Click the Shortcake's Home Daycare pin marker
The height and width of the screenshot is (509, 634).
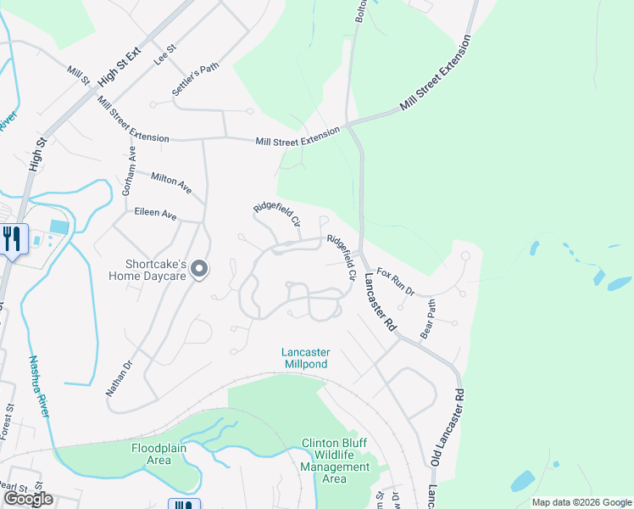(x=199, y=269)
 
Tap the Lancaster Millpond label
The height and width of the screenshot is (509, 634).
(x=306, y=358)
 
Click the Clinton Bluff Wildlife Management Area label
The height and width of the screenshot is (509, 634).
(x=336, y=461)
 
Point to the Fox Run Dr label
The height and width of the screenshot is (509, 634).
(x=396, y=282)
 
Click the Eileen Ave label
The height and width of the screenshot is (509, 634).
(x=155, y=216)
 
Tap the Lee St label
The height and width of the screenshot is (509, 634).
(x=164, y=57)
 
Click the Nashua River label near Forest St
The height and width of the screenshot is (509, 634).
(x=39, y=387)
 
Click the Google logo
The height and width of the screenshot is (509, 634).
(x=28, y=499)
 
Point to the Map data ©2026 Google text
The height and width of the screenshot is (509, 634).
(x=581, y=502)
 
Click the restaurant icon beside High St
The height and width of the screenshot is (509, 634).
(x=13, y=238)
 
